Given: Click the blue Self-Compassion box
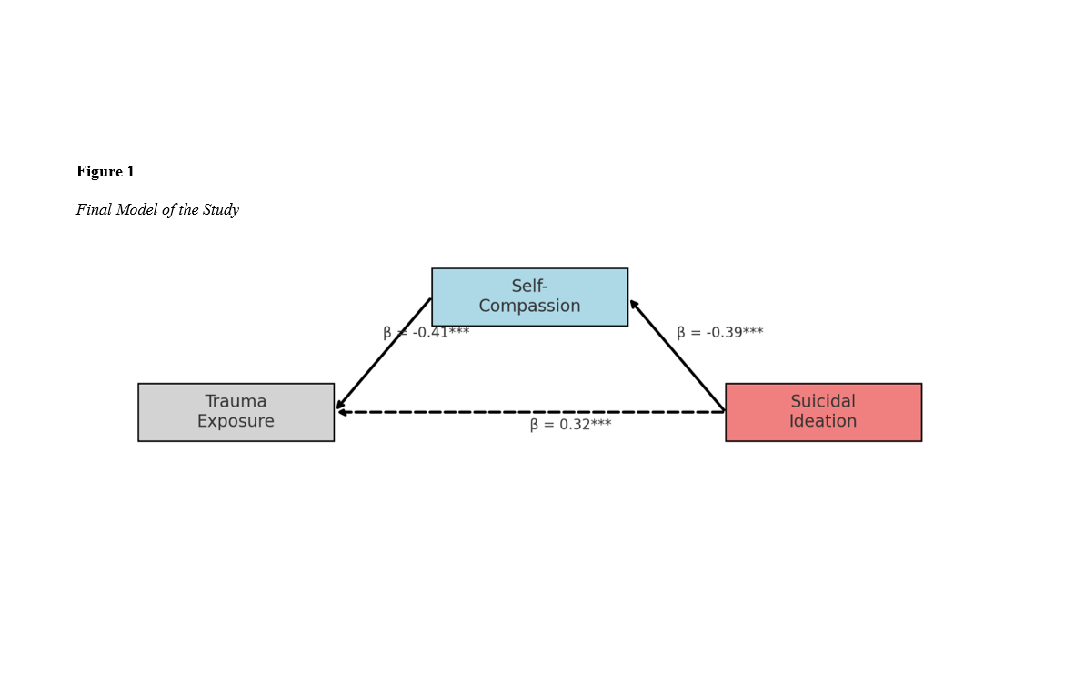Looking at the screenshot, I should point(529,297).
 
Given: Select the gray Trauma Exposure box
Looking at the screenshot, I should point(236,412).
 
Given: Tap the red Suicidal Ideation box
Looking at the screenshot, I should point(823,412).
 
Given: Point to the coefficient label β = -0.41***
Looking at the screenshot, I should point(427,333).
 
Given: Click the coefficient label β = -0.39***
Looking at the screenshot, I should point(719,333).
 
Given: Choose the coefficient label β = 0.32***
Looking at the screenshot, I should point(570,425).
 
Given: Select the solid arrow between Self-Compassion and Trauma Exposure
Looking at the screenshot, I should point(384,354).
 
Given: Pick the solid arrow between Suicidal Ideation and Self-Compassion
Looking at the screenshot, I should point(678,356).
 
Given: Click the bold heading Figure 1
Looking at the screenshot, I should point(105,172).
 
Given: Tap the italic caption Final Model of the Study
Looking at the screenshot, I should point(157,210).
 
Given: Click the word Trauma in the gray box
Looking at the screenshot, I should point(236,402).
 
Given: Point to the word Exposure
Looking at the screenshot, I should point(236,422).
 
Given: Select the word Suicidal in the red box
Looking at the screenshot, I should point(823,402).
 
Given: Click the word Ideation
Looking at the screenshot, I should point(823,422).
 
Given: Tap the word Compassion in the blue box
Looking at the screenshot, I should point(529,307).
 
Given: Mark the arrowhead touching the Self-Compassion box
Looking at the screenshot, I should point(634,304).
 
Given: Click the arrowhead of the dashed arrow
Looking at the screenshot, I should point(342,412).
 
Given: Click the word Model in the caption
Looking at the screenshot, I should point(136,210).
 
